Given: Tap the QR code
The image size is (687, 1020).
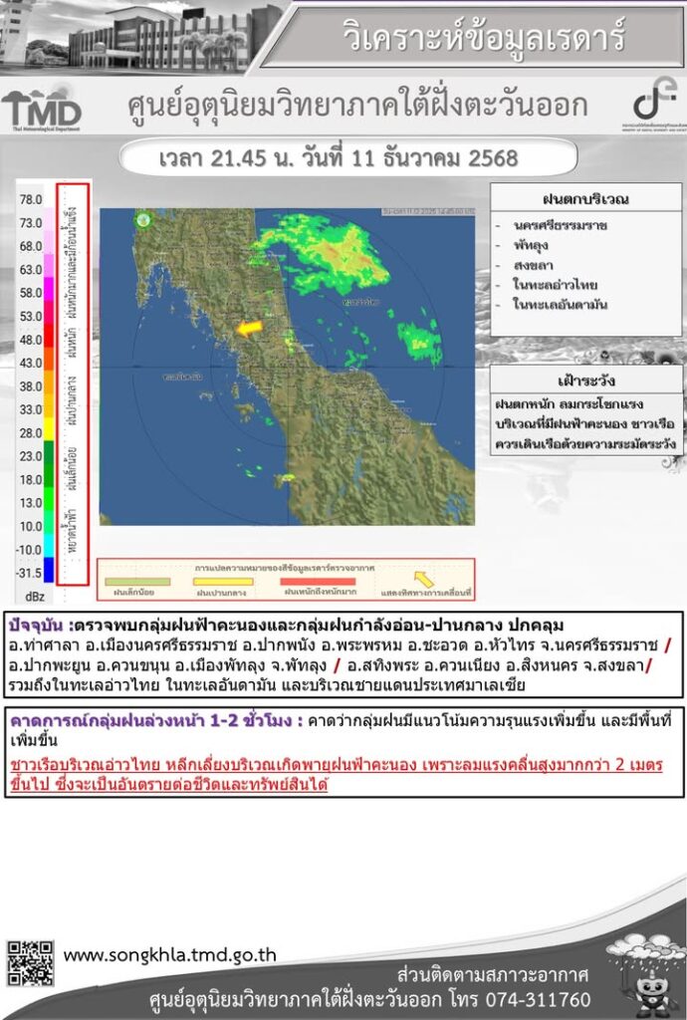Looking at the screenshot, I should coord(30,962).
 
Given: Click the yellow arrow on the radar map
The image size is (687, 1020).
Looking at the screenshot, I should coord(248,327).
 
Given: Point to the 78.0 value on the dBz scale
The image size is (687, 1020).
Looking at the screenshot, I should coord(31,199).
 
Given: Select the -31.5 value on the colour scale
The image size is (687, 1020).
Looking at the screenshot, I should coord(29,573).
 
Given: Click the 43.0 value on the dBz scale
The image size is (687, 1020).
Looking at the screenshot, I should coord(31,363).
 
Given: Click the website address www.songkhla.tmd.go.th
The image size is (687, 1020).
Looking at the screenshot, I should coord(170,955).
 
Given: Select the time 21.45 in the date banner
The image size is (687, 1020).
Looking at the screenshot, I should coord(239,157).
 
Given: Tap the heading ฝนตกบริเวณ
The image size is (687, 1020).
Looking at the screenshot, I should coord(585,199).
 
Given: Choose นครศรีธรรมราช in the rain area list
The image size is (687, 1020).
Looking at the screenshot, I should coord(563,226).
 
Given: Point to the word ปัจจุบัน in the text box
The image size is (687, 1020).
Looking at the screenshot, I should coord(38,626).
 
